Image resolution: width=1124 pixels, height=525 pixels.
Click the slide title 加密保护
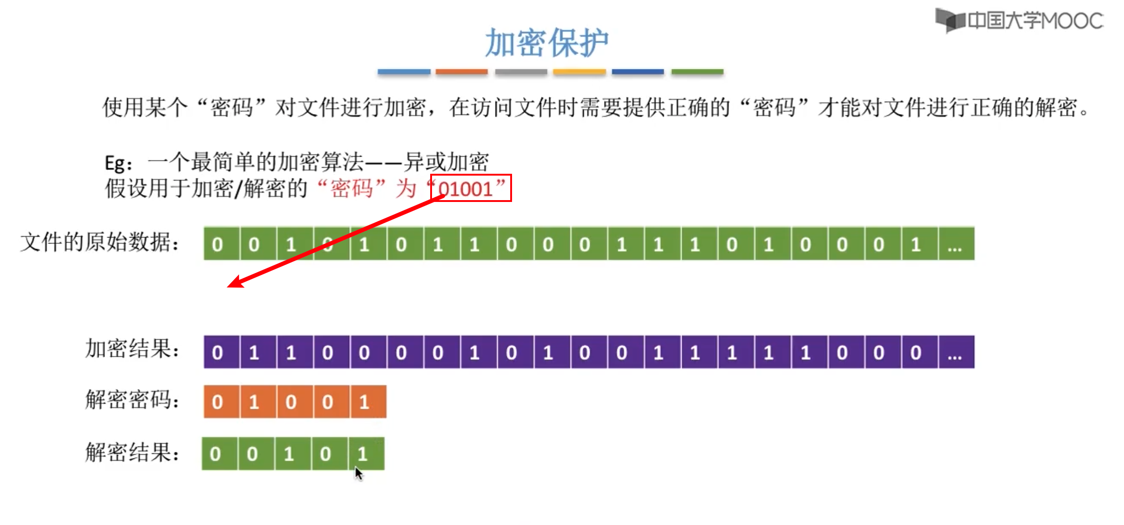[x=547, y=43]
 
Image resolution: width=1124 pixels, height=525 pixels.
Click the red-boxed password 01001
[x=470, y=188]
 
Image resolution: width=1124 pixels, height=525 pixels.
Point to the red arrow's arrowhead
[x=234, y=283]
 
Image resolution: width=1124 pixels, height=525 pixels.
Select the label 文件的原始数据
[x=99, y=243]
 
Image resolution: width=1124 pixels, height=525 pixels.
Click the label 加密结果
[x=132, y=348]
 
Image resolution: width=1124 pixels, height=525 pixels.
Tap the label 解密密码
[x=132, y=400]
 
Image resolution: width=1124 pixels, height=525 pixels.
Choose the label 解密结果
[x=132, y=452]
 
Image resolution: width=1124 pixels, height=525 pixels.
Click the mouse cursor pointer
[x=358, y=473]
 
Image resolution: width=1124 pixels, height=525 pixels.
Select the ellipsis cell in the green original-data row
[x=956, y=244]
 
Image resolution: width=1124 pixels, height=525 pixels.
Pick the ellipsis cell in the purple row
[x=956, y=352]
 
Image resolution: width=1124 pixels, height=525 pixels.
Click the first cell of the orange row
[x=222, y=402]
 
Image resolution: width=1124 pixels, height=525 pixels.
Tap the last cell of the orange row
[x=368, y=402]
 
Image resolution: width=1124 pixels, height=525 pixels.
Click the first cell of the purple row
[x=222, y=352]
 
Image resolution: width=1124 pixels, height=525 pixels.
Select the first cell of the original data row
[x=222, y=244]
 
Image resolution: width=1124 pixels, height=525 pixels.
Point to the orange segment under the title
[x=461, y=72]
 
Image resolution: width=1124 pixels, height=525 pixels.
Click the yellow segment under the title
[x=579, y=72]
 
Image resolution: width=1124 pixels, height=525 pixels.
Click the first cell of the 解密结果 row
[x=220, y=454]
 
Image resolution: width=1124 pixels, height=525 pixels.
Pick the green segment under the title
[x=697, y=72]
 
